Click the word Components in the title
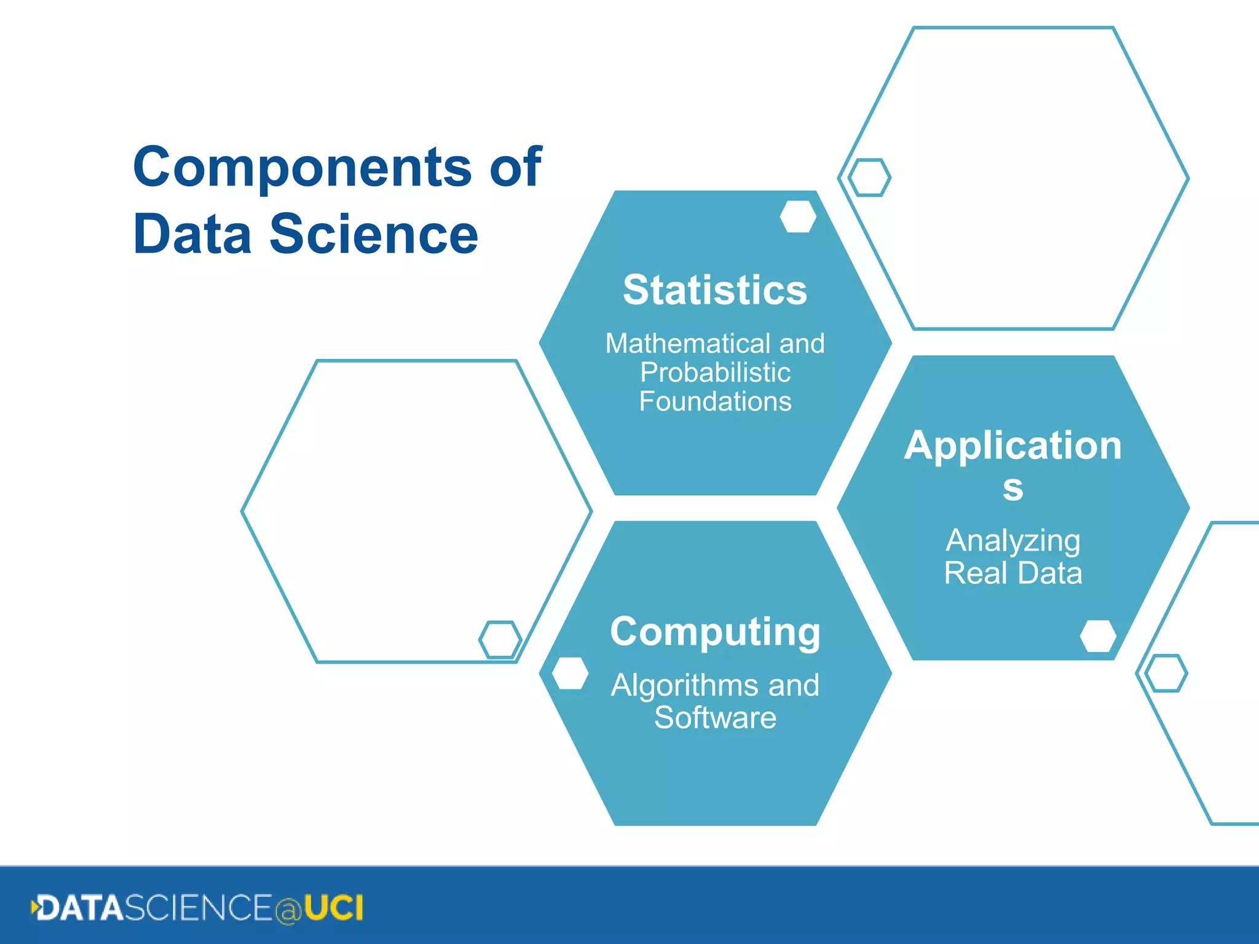click(x=301, y=167)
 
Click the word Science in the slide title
click(x=373, y=234)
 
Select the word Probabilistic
click(x=714, y=372)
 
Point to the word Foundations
click(x=714, y=401)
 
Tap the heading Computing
click(x=714, y=632)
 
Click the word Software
click(x=714, y=717)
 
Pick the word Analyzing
click(x=1012, y=541)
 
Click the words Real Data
click(x=1012, y=573)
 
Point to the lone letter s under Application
click(x=1012, y=488)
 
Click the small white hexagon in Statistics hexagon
click(x=797, y=216)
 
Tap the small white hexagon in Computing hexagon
click(x=570, y=674)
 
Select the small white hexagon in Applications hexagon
click(x=1098, y=636)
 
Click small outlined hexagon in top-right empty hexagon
click(x=869, y=178)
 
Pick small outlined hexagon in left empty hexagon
click(x=500, y=639)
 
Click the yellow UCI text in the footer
click(x=333, y=908)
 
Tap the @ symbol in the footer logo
click(x=288, y=910)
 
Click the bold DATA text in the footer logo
click(x=80, y=908)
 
